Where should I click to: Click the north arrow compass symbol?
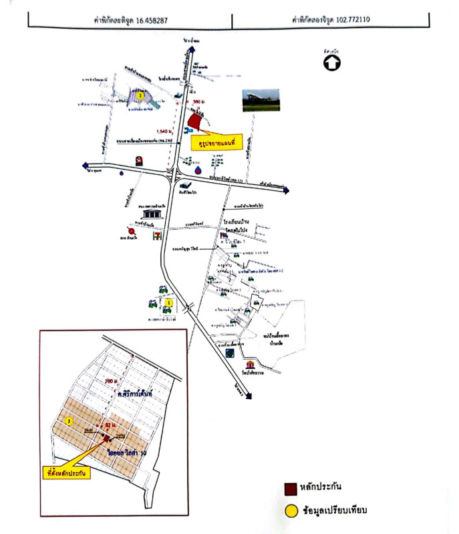[x=332, y=63]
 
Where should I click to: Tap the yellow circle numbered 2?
[x=140, y=95]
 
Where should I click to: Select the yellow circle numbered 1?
[x=169, y=303]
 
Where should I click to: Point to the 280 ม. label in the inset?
[x=113, y=380]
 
